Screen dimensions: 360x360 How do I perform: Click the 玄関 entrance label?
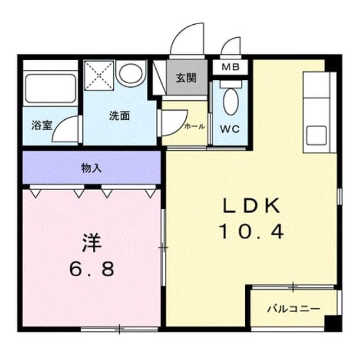[186, 79]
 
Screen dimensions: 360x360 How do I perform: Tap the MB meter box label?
[231, 67]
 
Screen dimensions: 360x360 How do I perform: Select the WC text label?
[230, 129]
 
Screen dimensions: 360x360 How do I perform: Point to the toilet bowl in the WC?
[231, 101]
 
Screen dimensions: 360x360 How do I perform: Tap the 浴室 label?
[42, 125]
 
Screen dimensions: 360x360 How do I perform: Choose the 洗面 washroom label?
[119, 116]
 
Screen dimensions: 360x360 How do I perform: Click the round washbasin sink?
[131, 73]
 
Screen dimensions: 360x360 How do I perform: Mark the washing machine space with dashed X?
[99, 75]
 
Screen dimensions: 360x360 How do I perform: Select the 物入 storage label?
[91, 168]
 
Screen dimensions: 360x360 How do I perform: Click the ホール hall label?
[195, 126]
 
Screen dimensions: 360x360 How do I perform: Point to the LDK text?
[251, 206]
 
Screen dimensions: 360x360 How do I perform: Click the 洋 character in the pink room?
[92, 242]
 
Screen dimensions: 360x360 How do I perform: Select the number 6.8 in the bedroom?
[92, 269]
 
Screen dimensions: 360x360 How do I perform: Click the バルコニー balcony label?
[294, 309]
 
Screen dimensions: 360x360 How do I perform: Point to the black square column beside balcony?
[333, 323]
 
